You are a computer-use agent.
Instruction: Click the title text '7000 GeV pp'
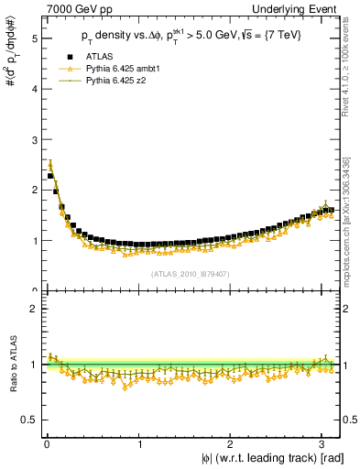coord(73,8)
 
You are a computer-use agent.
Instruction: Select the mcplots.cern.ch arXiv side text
coord(351,215)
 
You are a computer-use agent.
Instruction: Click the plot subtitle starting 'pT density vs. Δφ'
coord(191,36)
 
